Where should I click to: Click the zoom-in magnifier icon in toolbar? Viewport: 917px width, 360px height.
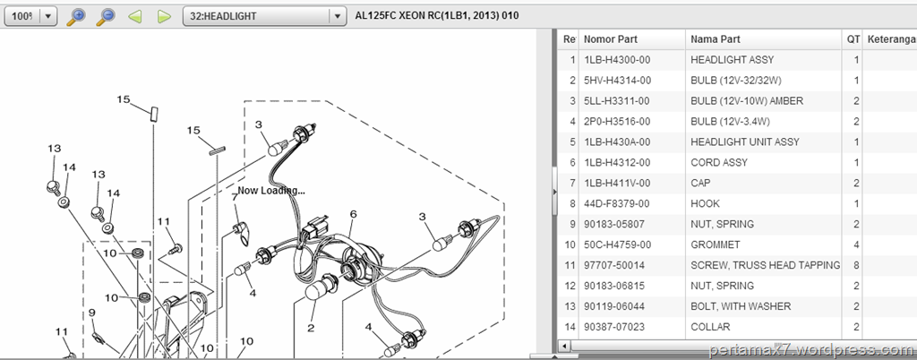tap(76, 16)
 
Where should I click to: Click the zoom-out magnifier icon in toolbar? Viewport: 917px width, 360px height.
tap(106, 16)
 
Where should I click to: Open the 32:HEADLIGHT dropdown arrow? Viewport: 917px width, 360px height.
tap(337, 16)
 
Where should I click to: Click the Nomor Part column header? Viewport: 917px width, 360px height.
tap(611, 39)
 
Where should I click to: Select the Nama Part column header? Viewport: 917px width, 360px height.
tap(716, 39)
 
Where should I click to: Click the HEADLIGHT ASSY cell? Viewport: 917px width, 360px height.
tap(732, 60)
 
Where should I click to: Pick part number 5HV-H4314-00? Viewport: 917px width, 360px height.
tap(617, 80)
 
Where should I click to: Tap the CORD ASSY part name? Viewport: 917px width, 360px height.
tap(719, 162)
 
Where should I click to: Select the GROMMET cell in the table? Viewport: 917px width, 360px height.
tap(716, 244)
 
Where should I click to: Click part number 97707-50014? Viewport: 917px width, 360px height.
tap(614, 265)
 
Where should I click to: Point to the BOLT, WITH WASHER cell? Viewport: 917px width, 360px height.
tap(741, 306)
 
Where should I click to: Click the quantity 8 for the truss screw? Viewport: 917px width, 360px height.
tap(855, 265)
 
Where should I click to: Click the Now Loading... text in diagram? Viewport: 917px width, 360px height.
tap(271, 191)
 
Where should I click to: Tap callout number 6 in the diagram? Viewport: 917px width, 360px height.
tap(353, 214)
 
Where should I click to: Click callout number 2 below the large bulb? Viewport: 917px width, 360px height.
tap(311, 328)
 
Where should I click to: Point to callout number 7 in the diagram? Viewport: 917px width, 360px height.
tap(236, 197)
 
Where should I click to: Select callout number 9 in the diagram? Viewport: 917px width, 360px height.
tap(92, 313)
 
